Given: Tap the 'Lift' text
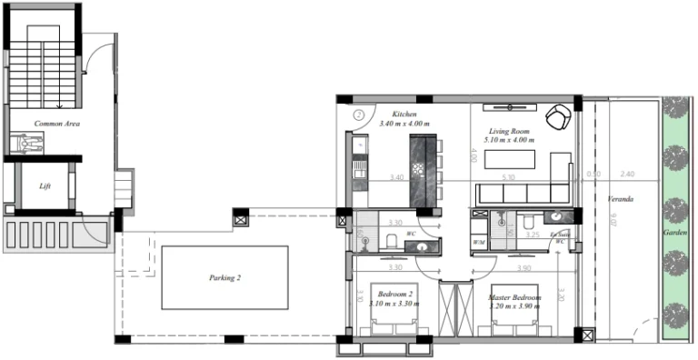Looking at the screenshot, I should pyautogui.click(x=45, y=186).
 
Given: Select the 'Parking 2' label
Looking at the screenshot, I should pyautogui.click(x=224, y=278).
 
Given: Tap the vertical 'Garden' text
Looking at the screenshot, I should pyautogui.click(x=673, y=234).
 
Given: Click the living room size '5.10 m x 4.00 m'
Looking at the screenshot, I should pyautogui.click(x=511, y=140).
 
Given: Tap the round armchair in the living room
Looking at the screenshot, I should pyautogui.click(x=558, y=116).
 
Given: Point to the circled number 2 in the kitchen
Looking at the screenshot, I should pyautogui.click(x=359, y=115).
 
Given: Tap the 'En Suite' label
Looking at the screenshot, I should pyautogui.click(x=560, y=235).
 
